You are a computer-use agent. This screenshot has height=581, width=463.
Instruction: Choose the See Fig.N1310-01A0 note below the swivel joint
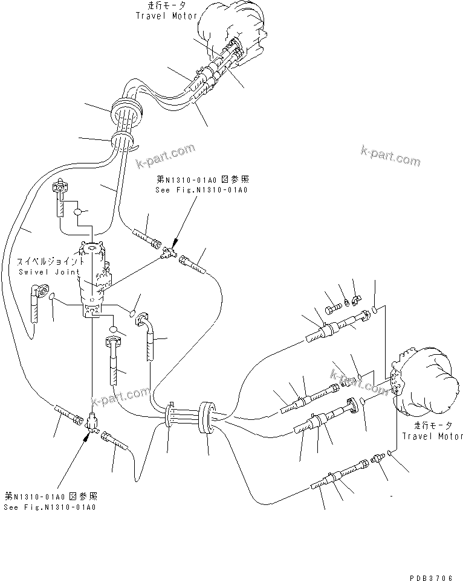pos(50,507)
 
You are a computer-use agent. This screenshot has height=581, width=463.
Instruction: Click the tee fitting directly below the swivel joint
pos(91,421)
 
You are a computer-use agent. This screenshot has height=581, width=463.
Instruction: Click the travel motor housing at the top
pos(233,27)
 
